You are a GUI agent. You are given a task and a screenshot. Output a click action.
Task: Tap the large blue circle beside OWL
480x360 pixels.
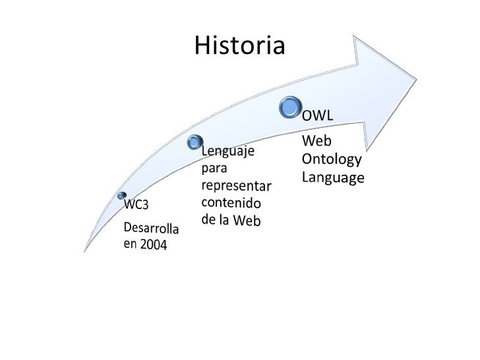point(291,107)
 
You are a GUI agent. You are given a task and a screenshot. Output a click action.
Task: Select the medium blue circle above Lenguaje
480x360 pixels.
point(195,141)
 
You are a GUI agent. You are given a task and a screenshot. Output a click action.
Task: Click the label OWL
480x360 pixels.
point(318,116)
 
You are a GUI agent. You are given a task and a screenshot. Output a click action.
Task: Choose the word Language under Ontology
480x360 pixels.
point(333,177)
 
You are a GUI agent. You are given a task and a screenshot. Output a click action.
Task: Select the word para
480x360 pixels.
point(214,168)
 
